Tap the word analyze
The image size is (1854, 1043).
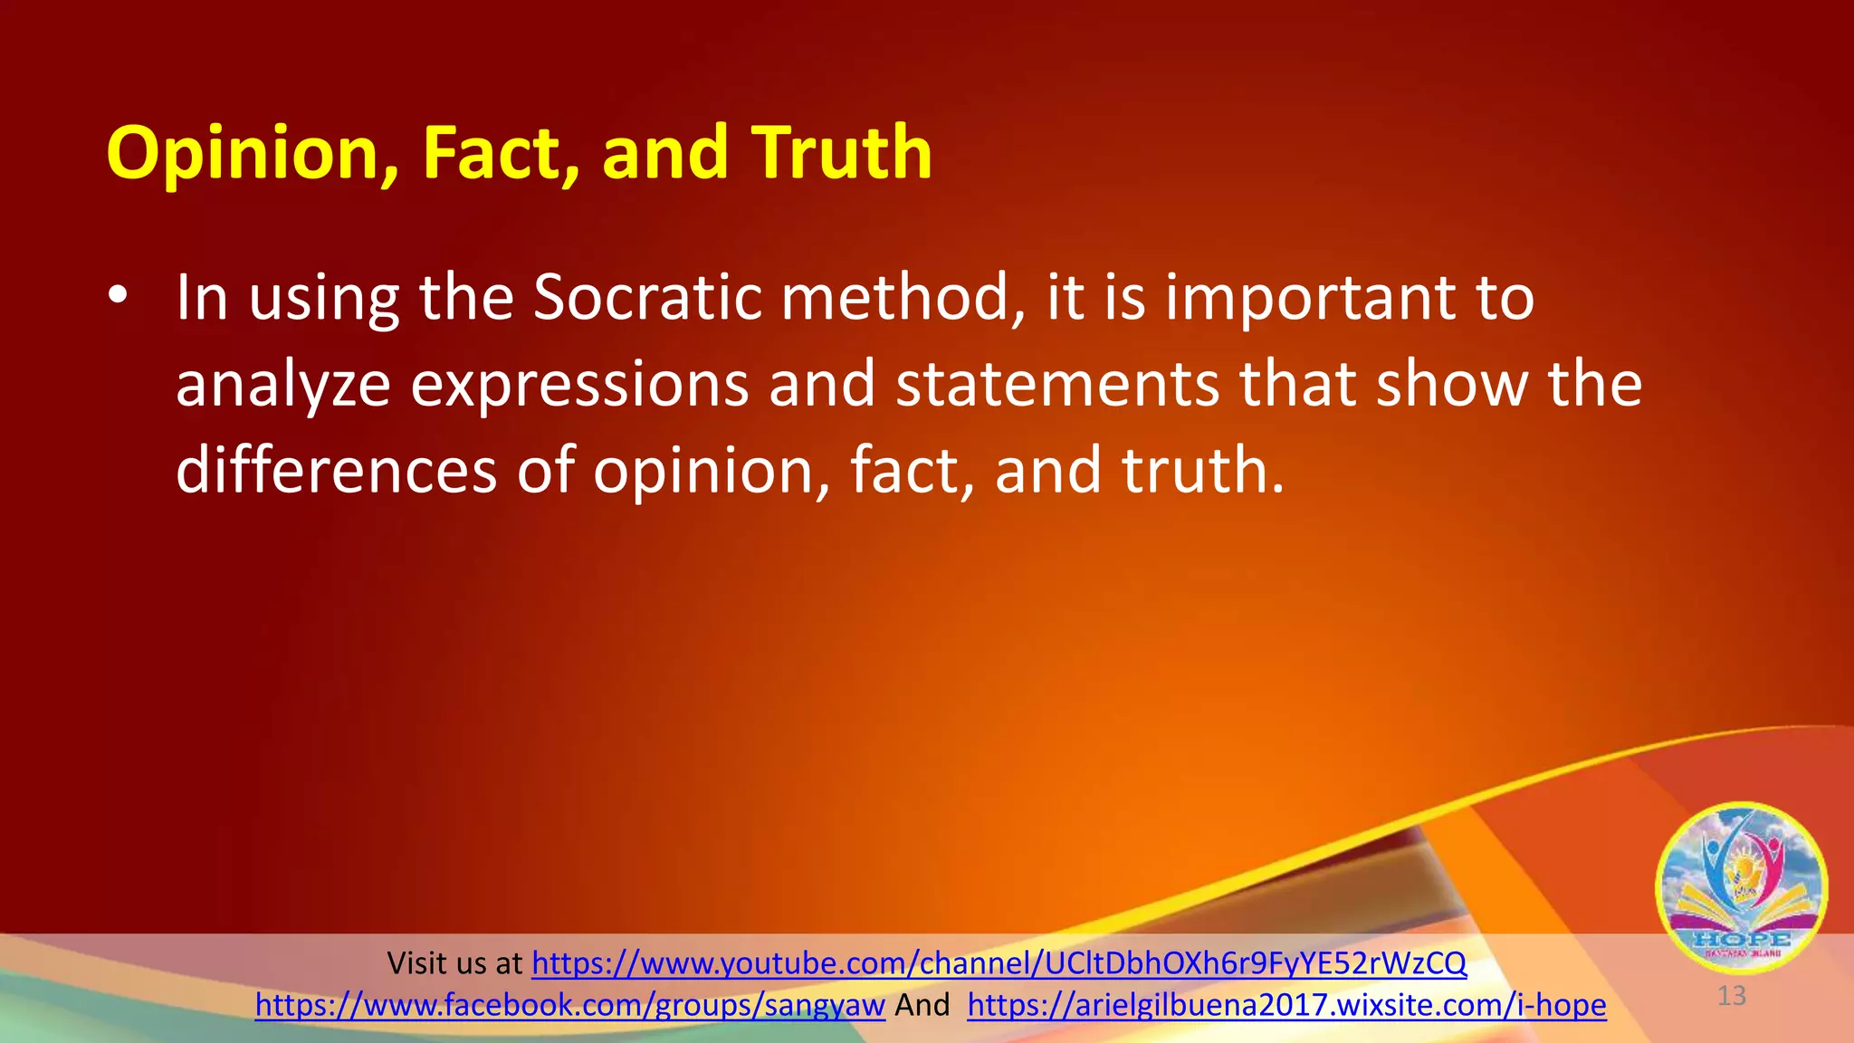(282, 386)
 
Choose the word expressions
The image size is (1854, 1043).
(579, 386)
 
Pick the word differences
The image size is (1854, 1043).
(336, 470)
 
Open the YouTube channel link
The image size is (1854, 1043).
(999, 962)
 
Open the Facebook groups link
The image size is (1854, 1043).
(569, 1005)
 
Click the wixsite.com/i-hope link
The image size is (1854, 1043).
(1286, 1005)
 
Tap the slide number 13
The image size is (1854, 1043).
(1731, 996)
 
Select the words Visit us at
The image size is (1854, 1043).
(454, 962)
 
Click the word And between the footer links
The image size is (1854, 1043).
(922, 1005)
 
